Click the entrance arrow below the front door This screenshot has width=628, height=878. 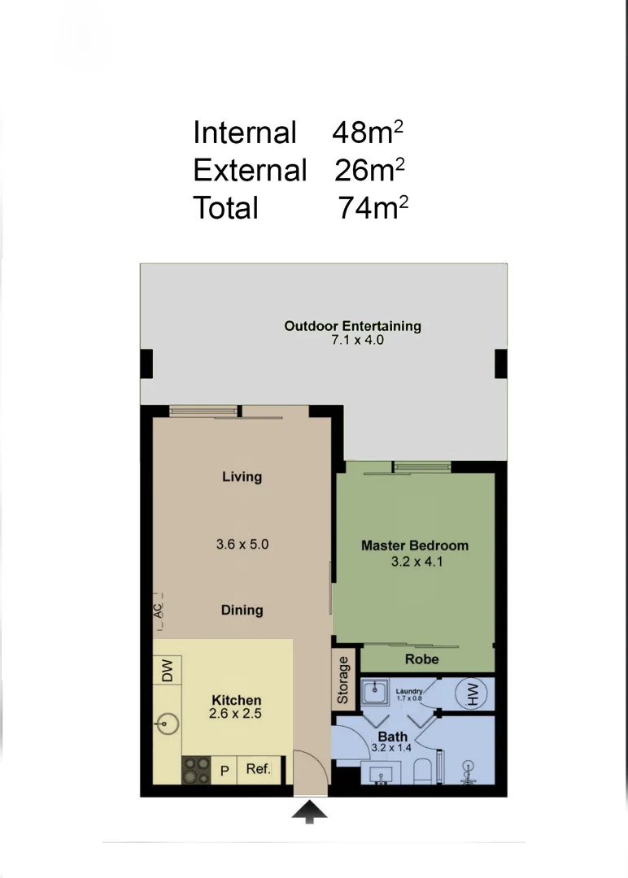click(310, 811)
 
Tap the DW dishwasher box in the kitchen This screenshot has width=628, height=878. click(167, 670)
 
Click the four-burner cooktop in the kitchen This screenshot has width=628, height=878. click(196, 769)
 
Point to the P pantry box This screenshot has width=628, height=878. click(225, 770)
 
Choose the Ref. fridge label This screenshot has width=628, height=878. click(259, 768)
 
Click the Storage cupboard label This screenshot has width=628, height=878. click(343, 680)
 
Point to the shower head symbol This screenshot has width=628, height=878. click(469, 769)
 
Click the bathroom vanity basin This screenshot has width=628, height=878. click(381, 774)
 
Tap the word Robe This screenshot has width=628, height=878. click(421, 659)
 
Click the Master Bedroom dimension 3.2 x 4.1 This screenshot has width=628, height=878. click(415, 561)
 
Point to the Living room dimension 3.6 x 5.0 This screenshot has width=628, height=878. click(242, 544)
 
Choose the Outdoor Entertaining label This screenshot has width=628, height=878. click(352, 326)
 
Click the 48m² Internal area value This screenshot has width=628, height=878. click(368, 132)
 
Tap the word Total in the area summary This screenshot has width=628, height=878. click(225, 208)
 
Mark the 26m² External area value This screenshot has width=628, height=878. click(369, 170)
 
